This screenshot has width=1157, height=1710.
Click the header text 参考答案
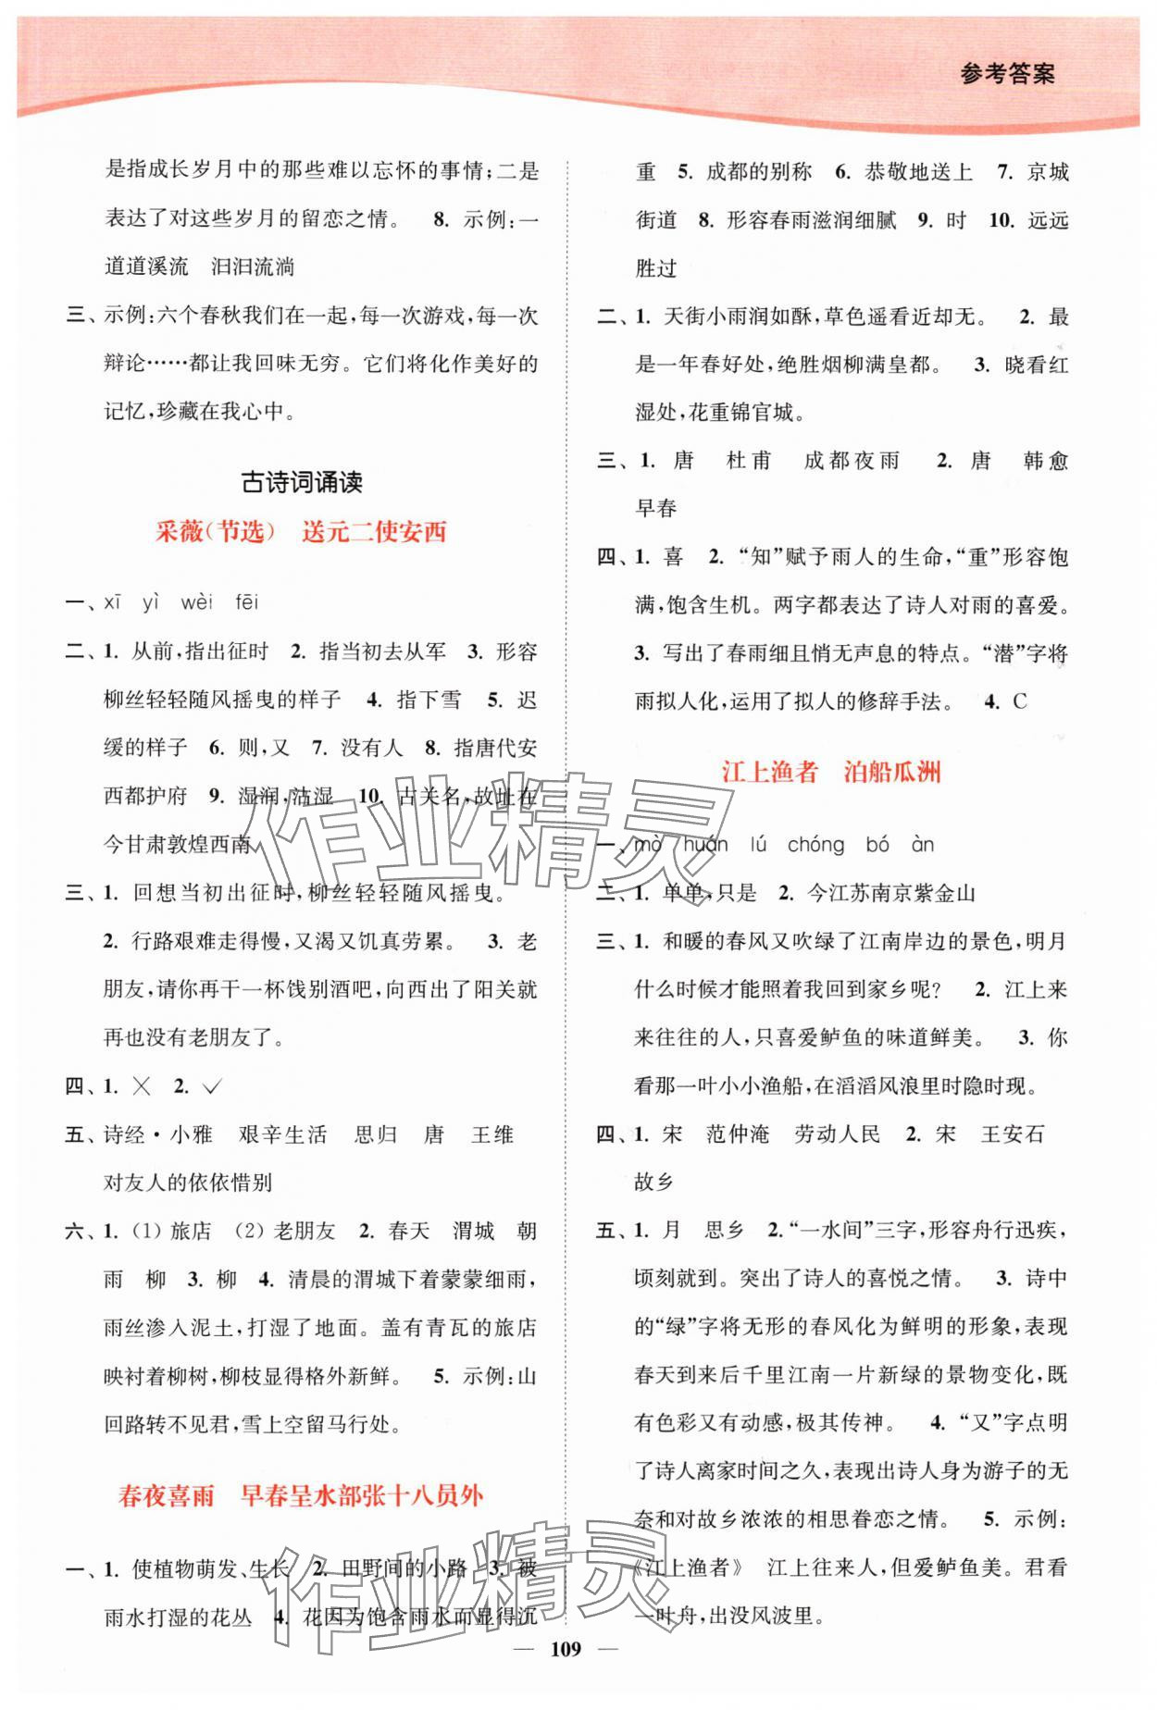tap(1007, 74)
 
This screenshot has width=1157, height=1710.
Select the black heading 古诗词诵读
tap(302, 482)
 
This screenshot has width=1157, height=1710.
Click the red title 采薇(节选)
tap(216, 531)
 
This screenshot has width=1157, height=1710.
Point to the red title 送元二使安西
tap(374, 531)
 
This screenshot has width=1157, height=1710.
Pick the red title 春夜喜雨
tap(167, 1496)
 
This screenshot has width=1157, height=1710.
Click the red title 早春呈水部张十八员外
tap(362, 1496)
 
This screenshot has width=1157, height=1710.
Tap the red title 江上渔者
tap(770, 773)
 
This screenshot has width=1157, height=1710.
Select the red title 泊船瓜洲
tap(892, 773)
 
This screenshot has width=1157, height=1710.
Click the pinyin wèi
tap(196, 603)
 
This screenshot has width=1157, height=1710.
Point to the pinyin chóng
tap(815, 845)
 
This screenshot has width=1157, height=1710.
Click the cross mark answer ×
tap(142, 1087)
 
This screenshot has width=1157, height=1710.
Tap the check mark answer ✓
tap(212, 1087)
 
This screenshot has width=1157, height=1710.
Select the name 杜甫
tap(749, 461)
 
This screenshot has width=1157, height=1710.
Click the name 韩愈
tap(1046, 461)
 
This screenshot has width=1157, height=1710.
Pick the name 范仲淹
tap(738, 1134)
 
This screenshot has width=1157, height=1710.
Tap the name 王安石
tap(1012, 1134)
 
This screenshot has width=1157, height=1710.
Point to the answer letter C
tap(1019, 701)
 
